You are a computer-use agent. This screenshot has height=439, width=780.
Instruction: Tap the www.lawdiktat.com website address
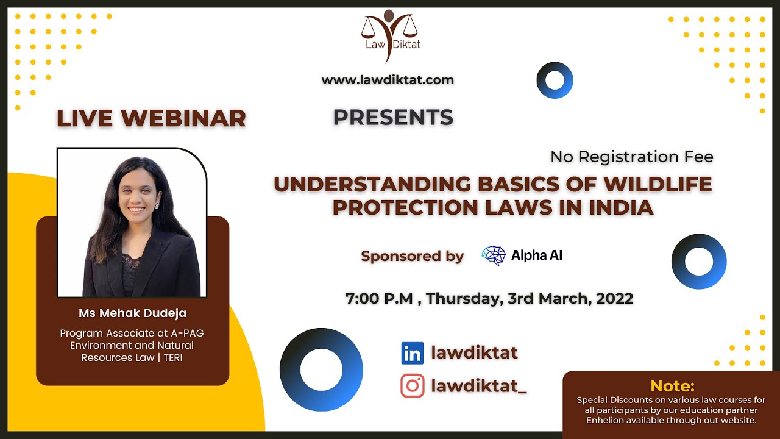[x=388, y=80]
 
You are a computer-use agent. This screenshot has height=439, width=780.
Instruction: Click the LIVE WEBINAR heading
[x=151, y=118]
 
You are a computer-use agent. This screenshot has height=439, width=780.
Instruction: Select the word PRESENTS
[x=393, y=117]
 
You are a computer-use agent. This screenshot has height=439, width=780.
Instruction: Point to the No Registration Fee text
[x=631, y=157]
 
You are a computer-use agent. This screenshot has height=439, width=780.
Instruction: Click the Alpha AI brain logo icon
[x=494, y=255]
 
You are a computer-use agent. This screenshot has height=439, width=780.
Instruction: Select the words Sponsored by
[x=413, y=256]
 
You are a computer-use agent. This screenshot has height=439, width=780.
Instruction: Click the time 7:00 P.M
[x=378, y=299]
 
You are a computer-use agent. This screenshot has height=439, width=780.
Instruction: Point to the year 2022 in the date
[x=614, y=299]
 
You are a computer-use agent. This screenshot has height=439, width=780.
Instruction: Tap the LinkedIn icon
[x=412, y=353]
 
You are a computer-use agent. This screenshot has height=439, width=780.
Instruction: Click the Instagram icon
[x=412, y=386]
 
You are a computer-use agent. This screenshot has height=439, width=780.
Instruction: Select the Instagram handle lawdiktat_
[x=478, y=386]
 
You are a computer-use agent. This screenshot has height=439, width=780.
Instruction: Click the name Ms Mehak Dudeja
[x=132, y=313]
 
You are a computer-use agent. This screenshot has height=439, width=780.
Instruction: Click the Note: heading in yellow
[x=672, y=386]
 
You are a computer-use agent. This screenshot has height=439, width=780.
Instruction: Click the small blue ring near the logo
[x=555, y=80]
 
